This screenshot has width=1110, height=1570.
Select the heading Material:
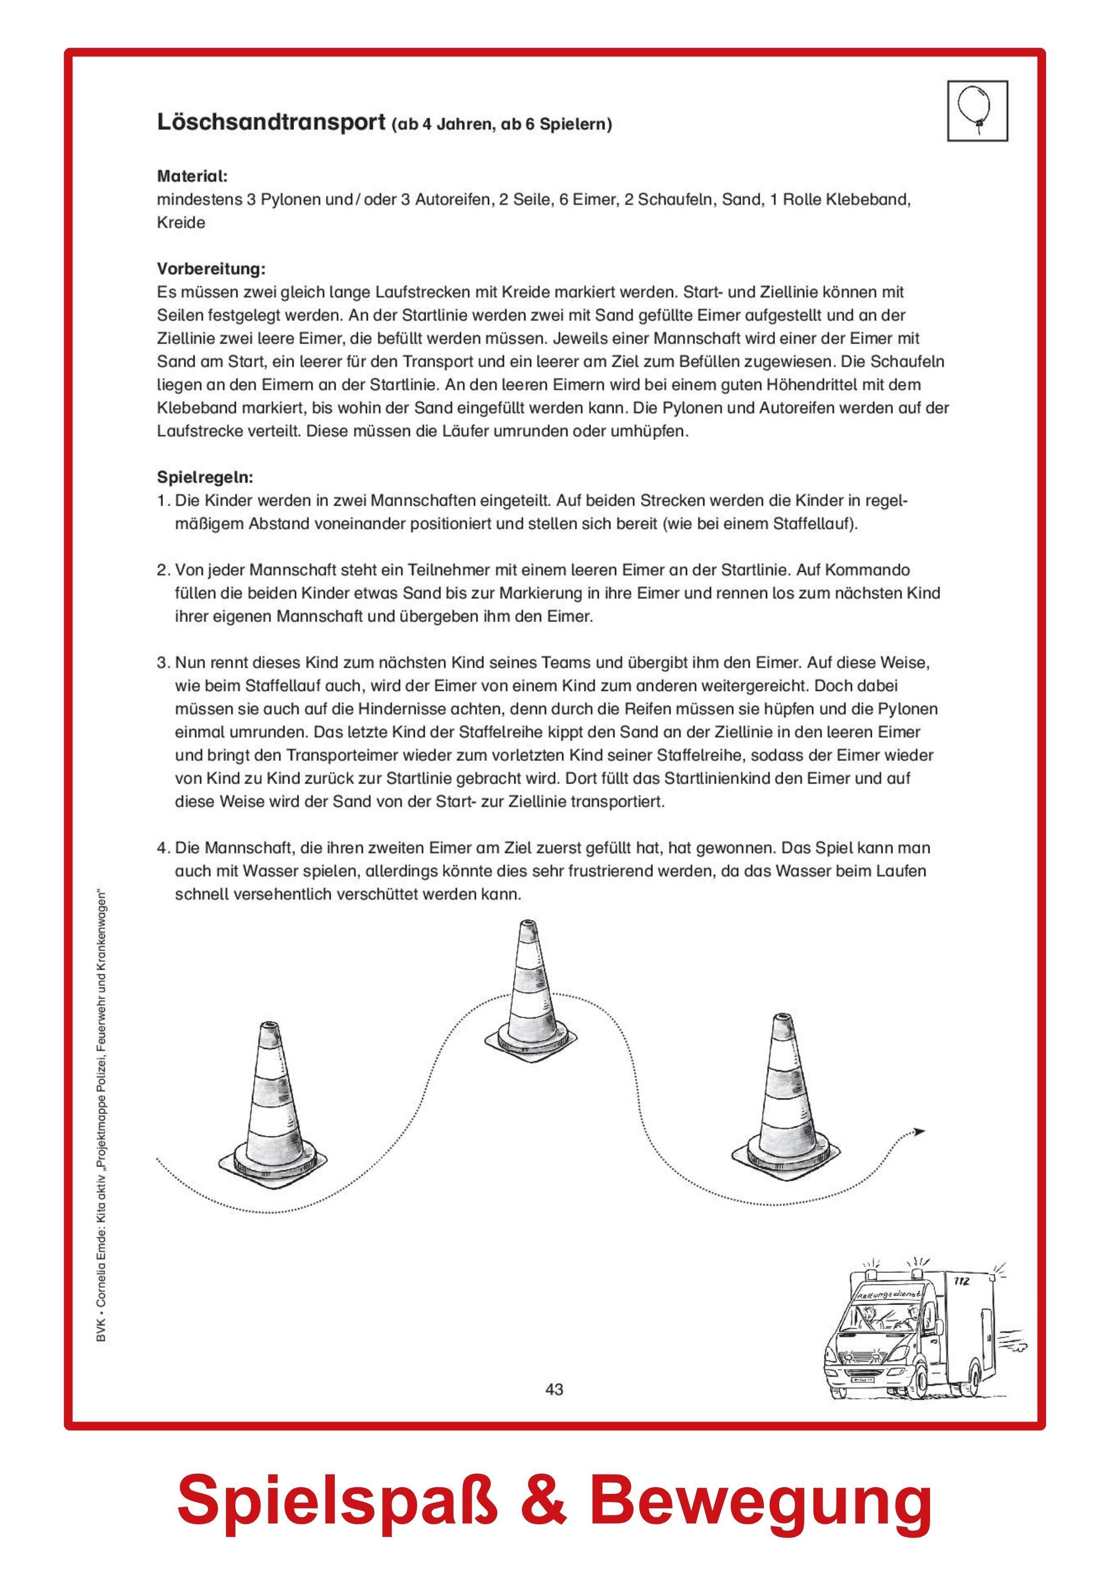point(192,176)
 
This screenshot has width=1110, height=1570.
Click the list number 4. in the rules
point(163,849)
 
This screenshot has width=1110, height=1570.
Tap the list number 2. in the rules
point(163,570)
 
